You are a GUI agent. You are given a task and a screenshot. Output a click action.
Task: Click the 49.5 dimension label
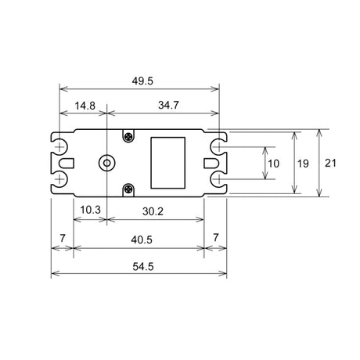[142, 81]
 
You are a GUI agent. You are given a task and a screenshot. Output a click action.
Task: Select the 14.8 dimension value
[85, 106]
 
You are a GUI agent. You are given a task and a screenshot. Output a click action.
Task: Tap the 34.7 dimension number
[168, 105]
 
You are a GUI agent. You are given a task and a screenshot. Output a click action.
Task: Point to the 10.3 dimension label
[90, 210]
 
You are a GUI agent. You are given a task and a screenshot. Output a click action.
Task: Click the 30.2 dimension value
[153, 211]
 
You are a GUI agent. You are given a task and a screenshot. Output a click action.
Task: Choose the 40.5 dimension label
[142, 239]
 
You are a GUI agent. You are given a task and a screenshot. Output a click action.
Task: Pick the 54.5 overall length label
[143, 267]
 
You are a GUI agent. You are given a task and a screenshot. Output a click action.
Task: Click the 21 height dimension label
[330, 163]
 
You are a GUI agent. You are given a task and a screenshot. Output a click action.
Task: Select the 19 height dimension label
[303, 164]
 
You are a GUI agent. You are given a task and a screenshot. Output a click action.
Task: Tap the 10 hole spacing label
[274, 164]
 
